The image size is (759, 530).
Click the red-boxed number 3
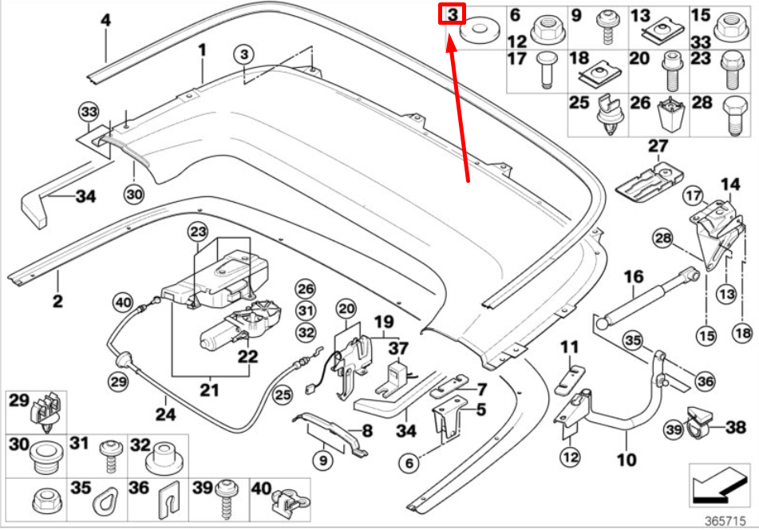pos(453,14)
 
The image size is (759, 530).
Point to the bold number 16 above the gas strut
pos(633,277)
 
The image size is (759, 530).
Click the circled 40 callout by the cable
pos(121,303)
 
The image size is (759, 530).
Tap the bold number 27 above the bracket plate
pos(657,146)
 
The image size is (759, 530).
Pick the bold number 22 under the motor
pos(248,357)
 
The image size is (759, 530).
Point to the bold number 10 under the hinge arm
pos(627,460)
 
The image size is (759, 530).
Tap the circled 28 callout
pos(663,237)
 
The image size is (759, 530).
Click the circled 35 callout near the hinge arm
pos(632,341)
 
